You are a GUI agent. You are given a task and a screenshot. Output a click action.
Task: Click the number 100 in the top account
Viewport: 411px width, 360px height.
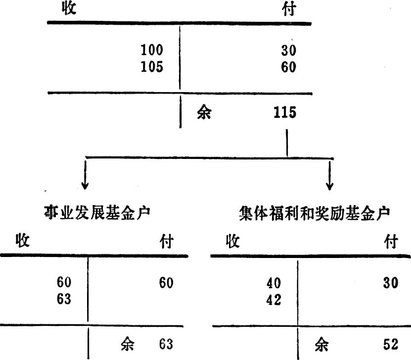(x=152, y=50)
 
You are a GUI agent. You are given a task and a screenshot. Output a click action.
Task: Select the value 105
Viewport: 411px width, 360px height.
(x=152, y=67)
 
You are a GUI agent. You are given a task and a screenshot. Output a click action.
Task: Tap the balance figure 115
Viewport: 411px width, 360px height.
(x=285, y=112)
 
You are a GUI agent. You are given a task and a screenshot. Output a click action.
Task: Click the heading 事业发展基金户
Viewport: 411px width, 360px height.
(x=97, y=212)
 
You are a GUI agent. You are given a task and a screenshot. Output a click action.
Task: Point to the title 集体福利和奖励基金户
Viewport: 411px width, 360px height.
(x=314, y=213)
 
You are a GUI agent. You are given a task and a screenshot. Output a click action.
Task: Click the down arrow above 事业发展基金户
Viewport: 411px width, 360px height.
(x=85, y=174)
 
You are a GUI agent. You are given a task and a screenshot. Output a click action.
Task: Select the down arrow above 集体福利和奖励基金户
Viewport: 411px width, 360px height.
(x=330, y=175)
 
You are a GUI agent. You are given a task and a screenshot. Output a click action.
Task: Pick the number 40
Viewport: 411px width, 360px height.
(x=274, y=283)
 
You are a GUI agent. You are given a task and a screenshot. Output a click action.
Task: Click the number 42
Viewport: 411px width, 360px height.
(x=274, y=300)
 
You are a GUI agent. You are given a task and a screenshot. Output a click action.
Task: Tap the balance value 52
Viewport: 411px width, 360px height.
(x=391, y=344)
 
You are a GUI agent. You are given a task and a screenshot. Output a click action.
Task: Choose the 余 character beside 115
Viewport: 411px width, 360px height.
(x=204, y=112)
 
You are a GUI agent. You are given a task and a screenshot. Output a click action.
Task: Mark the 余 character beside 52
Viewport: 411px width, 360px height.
(x=321, y=345)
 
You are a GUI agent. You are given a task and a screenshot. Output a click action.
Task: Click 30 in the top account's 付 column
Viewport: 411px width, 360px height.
(x=289, y=51)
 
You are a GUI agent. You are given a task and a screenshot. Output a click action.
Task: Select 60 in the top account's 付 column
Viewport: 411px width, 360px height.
(x=289, y=67)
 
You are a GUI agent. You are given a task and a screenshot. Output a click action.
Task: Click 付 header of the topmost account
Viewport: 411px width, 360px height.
(x=289, y=9)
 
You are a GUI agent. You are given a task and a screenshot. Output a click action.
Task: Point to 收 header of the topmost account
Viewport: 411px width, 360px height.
(x=69, y=7)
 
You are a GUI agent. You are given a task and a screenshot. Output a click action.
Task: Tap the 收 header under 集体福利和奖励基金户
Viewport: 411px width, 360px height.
(x=233, y=241)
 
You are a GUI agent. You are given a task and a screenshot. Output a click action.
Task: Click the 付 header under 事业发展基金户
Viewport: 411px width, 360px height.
(x=167, y=241)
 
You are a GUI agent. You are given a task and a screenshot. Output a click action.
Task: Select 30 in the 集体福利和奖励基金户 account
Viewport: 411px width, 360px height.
(x=391, y=283)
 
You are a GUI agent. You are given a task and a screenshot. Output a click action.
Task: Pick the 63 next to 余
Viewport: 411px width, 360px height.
(x=166, y=344)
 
